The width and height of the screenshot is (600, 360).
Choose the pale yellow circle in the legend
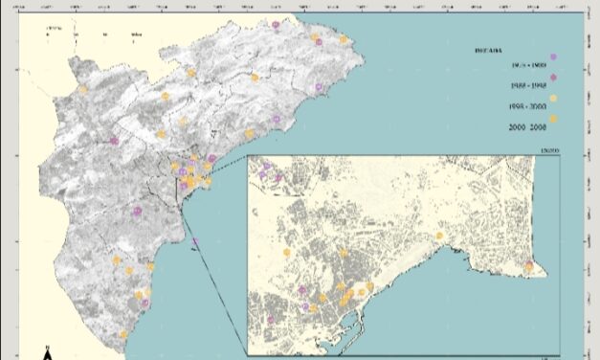(553, 99)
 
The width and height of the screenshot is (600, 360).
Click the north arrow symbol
(47, 355)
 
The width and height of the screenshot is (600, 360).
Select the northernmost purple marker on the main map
(276, 25)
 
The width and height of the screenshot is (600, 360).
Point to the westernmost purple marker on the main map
(114, 141)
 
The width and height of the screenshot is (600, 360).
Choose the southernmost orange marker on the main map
(123, 334)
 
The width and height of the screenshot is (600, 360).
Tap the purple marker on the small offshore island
(195, 241)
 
